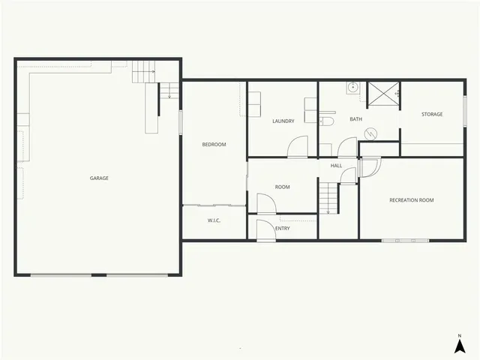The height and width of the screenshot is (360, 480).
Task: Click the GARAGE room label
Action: click(x=99, y=178)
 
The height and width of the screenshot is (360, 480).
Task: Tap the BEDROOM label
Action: click(x=214, y=145)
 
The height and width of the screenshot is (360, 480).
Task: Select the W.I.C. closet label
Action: click(x=213, y=220)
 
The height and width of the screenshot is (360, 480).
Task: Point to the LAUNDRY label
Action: click(x=283, y=121)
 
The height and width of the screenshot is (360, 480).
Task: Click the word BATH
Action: click(x=355, y=119)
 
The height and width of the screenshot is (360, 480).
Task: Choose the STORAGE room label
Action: click(x=431, y=115)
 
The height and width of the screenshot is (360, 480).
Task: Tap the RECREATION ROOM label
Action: click(x=411, y=200)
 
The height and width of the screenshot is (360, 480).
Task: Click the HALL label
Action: click(x=336, y=165)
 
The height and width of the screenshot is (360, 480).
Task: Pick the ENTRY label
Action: click(x=282, y=229)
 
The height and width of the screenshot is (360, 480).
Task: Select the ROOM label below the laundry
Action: click(x=282, y=187)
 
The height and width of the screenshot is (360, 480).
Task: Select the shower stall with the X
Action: click(x=382, y=95)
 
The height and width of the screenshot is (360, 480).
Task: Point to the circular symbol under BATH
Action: click(x=370, y=133)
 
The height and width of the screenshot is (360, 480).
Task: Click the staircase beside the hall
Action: click(x=328, y=196)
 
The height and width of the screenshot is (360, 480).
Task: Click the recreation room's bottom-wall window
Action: click(x=405, y=240)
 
